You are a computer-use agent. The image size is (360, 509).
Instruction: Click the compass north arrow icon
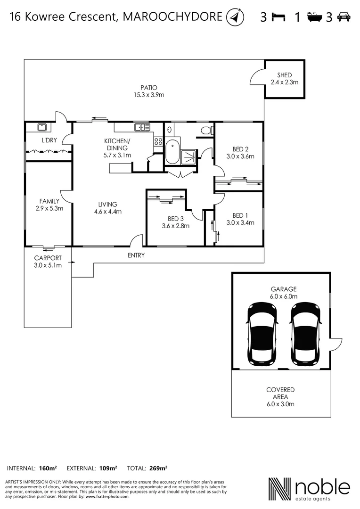click(x=235, y=18)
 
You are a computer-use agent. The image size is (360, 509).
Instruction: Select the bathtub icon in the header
click(x=314, y=18)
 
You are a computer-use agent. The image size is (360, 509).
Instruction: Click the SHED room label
click(x=285, y=75)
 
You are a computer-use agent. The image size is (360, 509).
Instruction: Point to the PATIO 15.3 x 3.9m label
click(x=148, y=91)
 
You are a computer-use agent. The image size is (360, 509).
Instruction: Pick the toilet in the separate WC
click(x=205, y=130)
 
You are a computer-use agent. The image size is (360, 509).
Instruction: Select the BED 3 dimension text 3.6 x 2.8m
click(x=175, y=226)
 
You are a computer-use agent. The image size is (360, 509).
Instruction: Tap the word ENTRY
click(x=136, y=255)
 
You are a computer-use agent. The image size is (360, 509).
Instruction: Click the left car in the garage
click(x=262, y=333)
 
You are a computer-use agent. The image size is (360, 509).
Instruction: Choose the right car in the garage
click(x=305, y=333)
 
